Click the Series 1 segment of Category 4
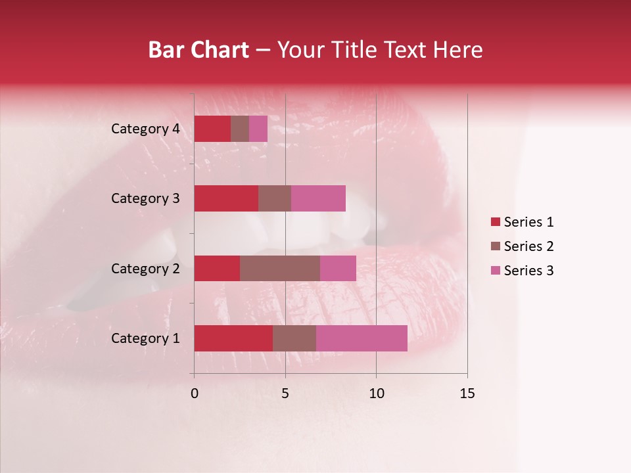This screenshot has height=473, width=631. click(212, 129)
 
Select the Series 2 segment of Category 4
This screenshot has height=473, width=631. click(240, 129)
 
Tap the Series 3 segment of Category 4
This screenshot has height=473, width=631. click(258, 129)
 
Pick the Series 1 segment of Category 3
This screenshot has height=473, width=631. click(226, 198)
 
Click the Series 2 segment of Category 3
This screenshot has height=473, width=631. click(275, 198)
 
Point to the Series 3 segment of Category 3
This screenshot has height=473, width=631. click(318, 198)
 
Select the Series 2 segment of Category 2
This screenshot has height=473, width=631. click(280, 268)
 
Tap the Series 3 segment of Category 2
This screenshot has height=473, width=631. click(338, 268)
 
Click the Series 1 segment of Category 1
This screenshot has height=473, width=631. click(233, 338)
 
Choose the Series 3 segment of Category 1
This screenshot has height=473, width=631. click(362, 338)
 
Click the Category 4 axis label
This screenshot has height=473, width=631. click(145, 129)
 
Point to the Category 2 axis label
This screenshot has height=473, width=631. click(145, 268)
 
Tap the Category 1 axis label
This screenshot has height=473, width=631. click(145, 338)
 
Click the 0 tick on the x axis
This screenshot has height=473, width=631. click(195, 394)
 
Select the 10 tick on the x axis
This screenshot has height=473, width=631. click(376, 394)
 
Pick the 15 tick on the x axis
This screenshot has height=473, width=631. click(467, 394)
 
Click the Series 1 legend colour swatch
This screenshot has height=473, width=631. click(496, 222)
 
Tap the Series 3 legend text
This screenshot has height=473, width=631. click(528, 271)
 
